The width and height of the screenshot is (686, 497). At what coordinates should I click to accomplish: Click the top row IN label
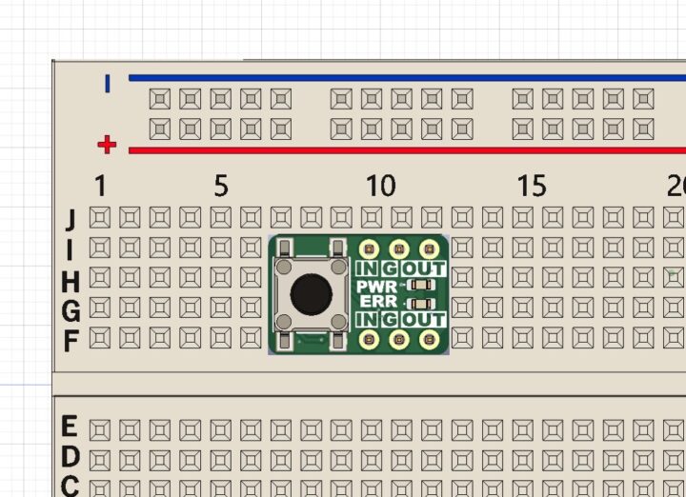tap(368, 268)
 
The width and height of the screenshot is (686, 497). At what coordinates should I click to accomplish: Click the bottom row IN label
tap(368, 318)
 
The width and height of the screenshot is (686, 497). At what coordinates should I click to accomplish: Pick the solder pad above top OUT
tap(430, 249)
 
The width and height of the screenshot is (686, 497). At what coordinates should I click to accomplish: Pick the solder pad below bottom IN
tap(369, 338)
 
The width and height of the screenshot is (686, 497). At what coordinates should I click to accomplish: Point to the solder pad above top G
tap(399, 249)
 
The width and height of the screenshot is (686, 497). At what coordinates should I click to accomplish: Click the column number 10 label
tap(380, 186)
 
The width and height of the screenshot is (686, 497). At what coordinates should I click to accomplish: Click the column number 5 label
tap(221, 186)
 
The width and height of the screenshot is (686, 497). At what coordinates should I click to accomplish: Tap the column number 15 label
tap(532, 186)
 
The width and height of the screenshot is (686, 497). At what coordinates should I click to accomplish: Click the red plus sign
tap(107, 145)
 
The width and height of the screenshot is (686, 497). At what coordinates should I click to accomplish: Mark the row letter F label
tap(70, 340)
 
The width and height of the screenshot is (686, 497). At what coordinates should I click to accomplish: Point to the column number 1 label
tap(100, 186)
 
